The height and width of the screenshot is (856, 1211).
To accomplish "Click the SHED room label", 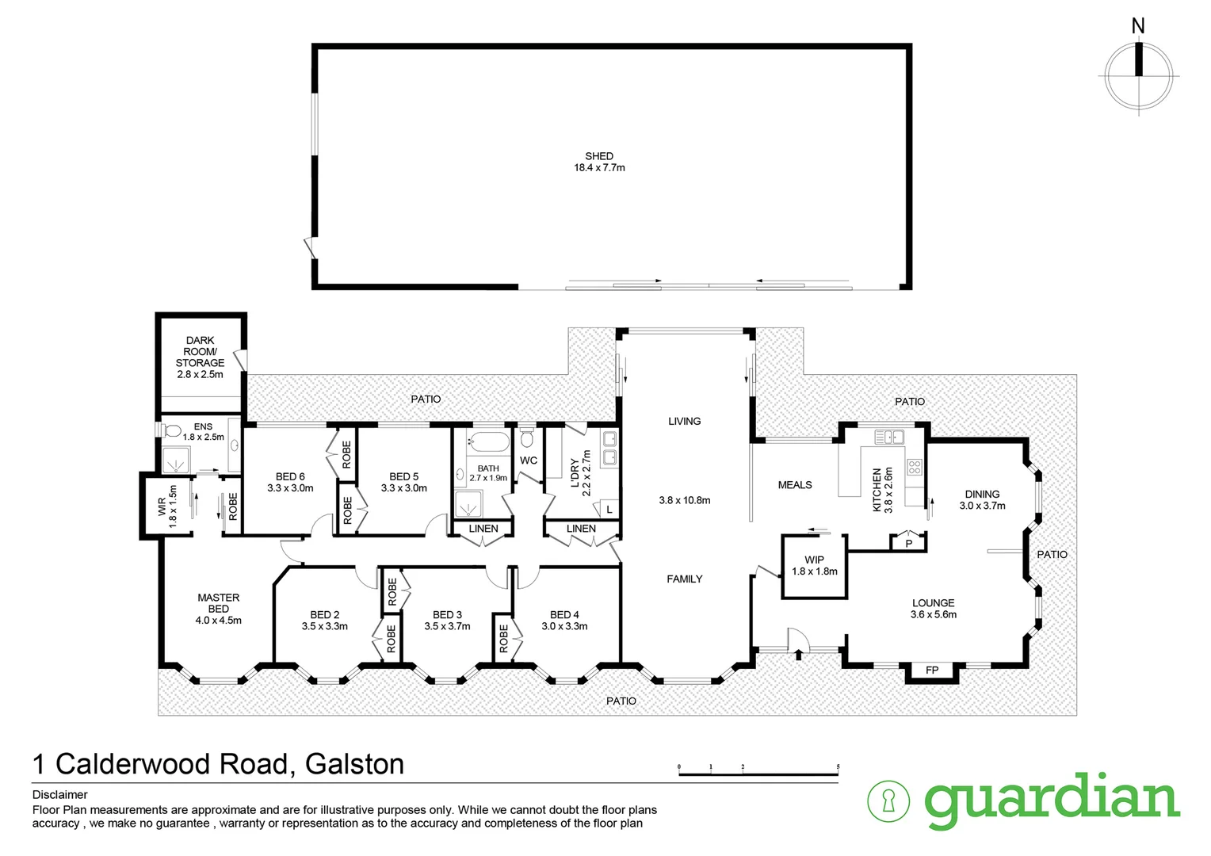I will (x=599, y=157).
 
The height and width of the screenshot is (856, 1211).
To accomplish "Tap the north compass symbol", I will (x=1139, y=76).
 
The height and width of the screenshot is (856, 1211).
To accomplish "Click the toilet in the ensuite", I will (x=171, y=431).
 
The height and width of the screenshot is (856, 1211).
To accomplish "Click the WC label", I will (x=529, y=460).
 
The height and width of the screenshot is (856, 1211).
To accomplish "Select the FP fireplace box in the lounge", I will (x=932, y=671).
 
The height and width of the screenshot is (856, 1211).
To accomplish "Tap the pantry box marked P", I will (x=908, y=544).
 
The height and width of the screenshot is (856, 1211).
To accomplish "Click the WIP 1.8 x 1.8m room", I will (x=814, y=566).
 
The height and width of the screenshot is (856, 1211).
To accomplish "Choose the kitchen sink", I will (x=889, y=436).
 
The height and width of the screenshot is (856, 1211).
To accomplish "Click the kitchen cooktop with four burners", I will (x=914, y=467).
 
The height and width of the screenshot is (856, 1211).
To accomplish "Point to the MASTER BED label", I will (x=218, y=603).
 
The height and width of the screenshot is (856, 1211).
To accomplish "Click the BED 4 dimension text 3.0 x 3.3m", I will (x=564, y=626).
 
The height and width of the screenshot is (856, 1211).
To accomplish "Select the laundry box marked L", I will (x=609, y=510).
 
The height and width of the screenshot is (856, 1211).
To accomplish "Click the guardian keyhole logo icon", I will (x=888, y=801).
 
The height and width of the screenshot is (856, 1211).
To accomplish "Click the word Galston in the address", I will (x=354, y=764).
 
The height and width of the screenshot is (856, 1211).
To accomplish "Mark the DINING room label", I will (x=982, y=494).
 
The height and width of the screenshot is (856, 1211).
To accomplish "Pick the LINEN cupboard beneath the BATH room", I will (x=483, y=529).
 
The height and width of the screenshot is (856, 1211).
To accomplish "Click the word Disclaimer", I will (x=60, y=795).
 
